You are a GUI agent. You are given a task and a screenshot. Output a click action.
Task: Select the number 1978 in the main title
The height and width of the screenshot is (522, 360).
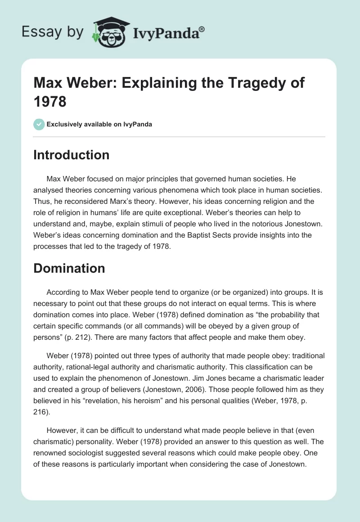[50, 101]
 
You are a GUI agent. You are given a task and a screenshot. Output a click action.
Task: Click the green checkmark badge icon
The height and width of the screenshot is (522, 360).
[39, 124]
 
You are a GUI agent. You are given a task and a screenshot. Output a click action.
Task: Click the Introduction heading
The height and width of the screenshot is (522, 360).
[72, 155]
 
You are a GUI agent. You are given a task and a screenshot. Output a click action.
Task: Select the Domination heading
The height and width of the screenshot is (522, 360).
[69, 268]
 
